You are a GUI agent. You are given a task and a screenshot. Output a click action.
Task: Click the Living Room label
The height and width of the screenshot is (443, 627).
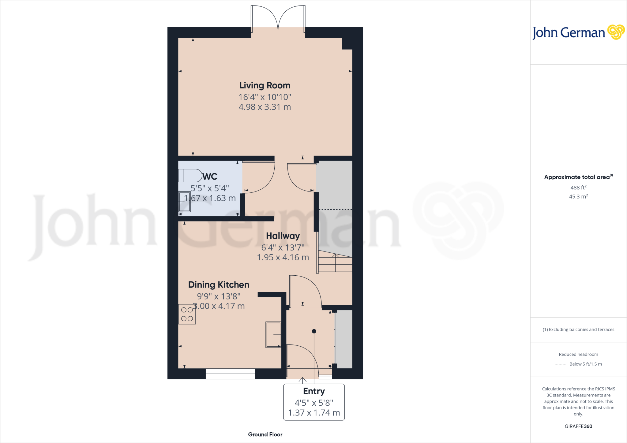[265, 85]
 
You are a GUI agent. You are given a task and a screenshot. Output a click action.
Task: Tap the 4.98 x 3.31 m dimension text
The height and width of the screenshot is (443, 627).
[265, 107]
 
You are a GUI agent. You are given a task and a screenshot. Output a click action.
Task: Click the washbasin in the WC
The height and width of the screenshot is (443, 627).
[185, 202]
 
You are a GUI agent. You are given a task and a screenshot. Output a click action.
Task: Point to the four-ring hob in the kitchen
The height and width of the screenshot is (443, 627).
[187, 314]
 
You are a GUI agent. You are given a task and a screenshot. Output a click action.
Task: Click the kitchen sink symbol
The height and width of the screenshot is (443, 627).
[273, 334]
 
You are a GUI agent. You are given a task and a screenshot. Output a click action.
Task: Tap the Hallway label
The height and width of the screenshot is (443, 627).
[283, 236]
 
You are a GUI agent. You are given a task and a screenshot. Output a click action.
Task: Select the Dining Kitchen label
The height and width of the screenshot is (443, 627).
[219, 285]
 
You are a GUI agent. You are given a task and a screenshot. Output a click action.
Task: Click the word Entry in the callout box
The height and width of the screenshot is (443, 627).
[314, 391]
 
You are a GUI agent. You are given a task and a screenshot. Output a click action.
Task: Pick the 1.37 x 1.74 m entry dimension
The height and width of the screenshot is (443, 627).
[314, 413]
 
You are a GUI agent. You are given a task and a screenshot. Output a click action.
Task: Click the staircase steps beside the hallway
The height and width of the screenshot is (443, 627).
[335, 264]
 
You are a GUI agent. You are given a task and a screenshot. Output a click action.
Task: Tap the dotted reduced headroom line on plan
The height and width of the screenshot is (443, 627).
[335, 209]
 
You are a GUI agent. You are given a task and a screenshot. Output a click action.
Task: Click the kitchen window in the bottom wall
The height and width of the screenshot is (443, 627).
[230, 374]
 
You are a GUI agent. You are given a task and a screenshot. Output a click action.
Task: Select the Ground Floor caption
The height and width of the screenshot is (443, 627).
[265, 434]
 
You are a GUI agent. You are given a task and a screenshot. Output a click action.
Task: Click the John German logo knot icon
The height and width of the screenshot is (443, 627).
[616, 32]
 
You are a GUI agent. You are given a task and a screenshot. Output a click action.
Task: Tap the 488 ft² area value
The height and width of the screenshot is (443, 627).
[578, 188]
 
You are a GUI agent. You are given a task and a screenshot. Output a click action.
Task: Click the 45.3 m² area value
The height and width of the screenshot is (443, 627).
[578, 196]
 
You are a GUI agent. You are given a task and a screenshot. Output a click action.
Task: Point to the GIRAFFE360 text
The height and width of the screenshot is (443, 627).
[578, 426]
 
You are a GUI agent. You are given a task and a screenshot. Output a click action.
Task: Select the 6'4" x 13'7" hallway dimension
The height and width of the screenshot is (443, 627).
[283, 248]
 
